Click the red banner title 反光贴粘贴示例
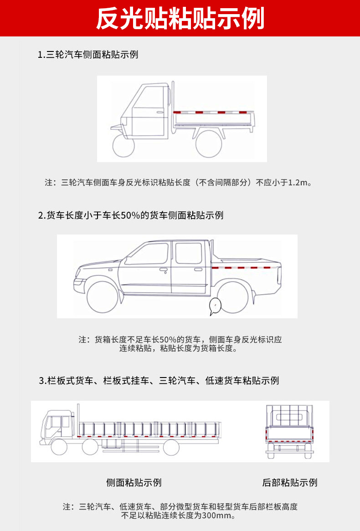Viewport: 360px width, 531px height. click(x=180, y=18)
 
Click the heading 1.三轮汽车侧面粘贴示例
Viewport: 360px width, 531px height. click(x=88, y=55)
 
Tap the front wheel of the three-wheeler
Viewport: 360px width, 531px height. click(x=124, y=145)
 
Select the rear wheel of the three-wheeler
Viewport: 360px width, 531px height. click(x=209, y=143)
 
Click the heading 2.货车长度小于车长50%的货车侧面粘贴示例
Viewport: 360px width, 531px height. click(x=131, y=215)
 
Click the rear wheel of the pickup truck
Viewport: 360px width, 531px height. click(x=232, y=298)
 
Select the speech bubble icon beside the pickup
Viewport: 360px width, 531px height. click(x=213, y=306)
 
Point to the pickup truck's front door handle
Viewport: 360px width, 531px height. click(x=163, y=270)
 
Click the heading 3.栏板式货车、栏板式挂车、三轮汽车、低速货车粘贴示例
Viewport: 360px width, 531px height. click(x=159, y=381)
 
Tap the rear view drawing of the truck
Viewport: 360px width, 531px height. click(x=290, y=431)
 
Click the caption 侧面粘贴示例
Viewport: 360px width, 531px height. click(x=134, y=482)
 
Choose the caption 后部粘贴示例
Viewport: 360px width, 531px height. click(x=290, y=482)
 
